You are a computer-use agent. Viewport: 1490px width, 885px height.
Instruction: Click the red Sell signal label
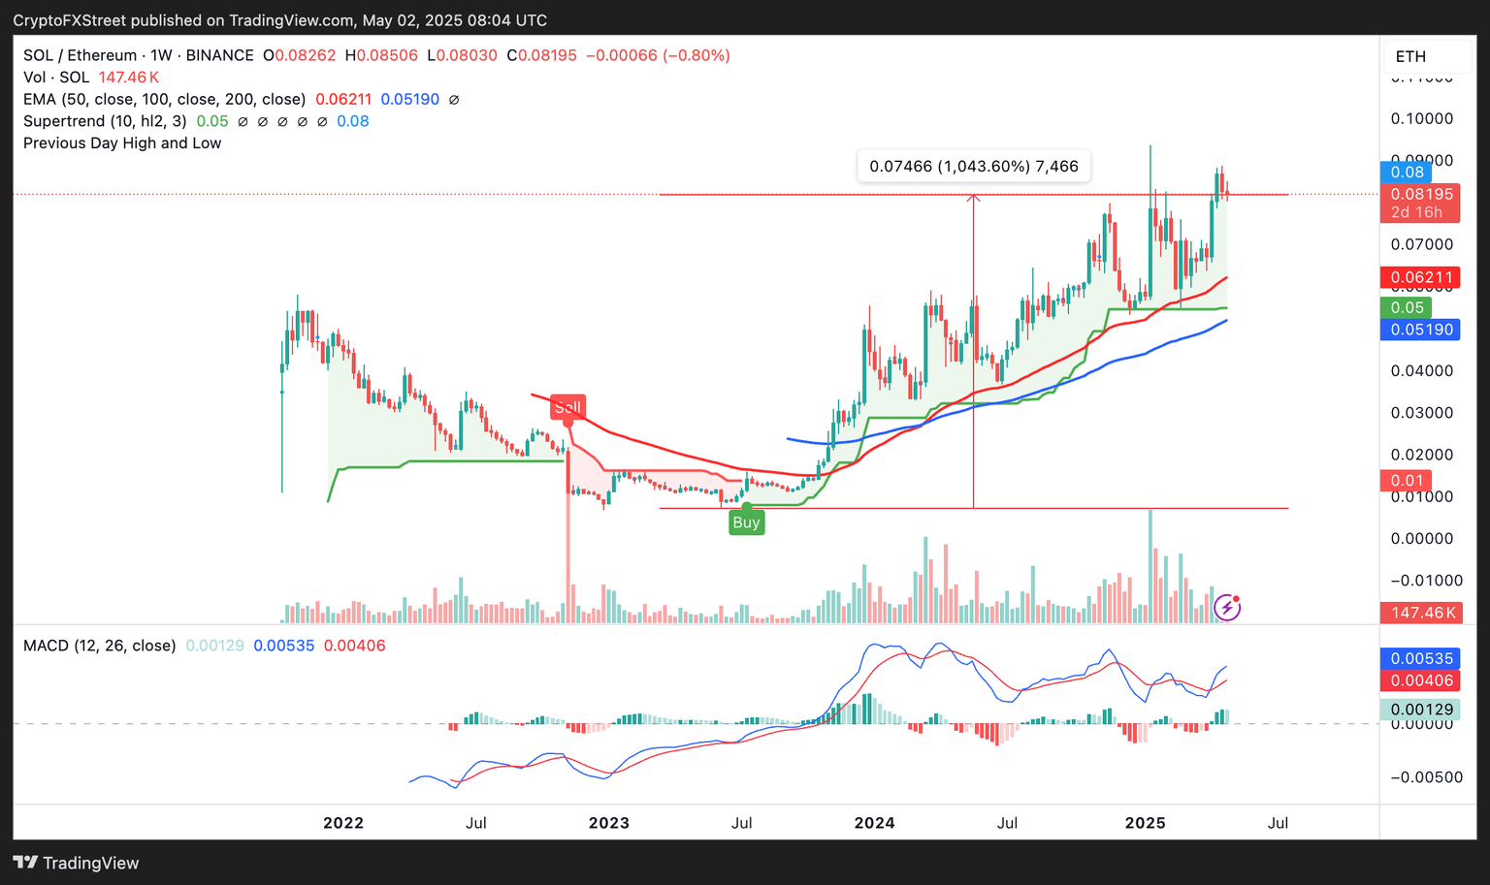[567, 407]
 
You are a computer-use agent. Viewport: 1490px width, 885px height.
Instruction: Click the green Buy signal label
[746, 522]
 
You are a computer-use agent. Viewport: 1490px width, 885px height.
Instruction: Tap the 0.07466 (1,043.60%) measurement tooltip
[973, 167]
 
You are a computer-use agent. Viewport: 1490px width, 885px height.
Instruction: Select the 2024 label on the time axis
[874, 823]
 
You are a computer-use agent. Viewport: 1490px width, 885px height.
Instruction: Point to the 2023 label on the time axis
[608, 823]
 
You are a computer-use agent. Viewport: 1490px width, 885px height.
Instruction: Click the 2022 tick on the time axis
[342, 823]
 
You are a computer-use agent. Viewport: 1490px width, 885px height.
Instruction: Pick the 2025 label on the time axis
[1145, 823]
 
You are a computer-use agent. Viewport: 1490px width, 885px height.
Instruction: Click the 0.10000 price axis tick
[1421, 118]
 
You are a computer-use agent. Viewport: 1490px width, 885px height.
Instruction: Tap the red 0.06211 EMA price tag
[1420, 277]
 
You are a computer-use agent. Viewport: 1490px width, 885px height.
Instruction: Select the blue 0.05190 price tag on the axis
[1420, 330]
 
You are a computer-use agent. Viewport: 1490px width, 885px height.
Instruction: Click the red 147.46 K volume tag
[1420, 613]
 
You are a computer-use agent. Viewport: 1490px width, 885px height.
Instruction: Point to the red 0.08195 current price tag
[1420, 194]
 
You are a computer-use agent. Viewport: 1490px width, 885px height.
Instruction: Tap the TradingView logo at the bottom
[77, 863]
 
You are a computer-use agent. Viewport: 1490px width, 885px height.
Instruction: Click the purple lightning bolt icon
[1227, 608]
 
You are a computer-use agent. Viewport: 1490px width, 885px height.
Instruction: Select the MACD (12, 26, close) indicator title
[100, 646]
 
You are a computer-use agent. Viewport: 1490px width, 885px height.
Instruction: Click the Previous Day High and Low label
[122, 143]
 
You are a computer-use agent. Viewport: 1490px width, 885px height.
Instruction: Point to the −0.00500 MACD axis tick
[1426, 776]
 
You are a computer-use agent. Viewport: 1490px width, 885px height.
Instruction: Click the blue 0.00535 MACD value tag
[1420, 659]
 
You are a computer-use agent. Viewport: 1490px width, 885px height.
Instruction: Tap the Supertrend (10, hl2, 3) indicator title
[105, 121]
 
